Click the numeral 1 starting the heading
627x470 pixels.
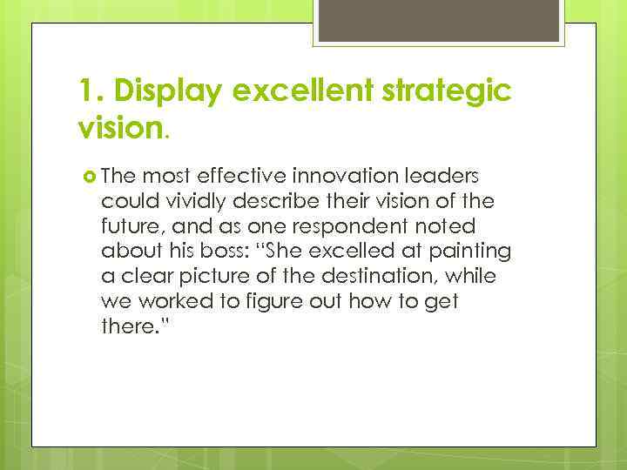click(x=85, y=91)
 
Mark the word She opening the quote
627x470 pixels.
click(x=284, y=251)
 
